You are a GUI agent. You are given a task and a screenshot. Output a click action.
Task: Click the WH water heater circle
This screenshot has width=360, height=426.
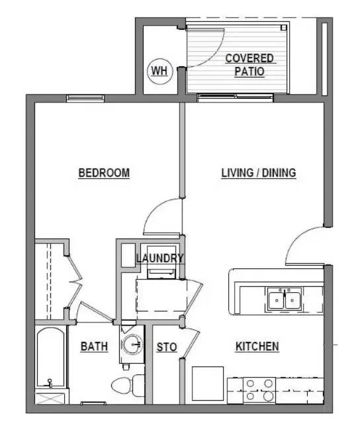click(159, 70)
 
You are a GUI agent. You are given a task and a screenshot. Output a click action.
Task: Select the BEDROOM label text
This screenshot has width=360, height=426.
click(104, 174)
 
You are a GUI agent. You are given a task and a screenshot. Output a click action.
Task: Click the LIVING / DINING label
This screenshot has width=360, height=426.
click(258, 174)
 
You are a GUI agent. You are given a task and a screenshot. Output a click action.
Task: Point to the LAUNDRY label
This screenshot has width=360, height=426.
click(159, 258)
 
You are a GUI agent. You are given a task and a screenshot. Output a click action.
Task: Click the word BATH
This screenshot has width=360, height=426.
click(95, 346)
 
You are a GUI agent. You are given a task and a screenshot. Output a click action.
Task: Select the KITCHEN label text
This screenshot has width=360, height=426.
click(257, 346)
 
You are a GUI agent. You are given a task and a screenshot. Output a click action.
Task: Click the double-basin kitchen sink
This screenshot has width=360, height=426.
click(285, 300)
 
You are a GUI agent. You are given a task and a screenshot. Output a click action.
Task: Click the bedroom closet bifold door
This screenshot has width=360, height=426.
click(75, 282)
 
